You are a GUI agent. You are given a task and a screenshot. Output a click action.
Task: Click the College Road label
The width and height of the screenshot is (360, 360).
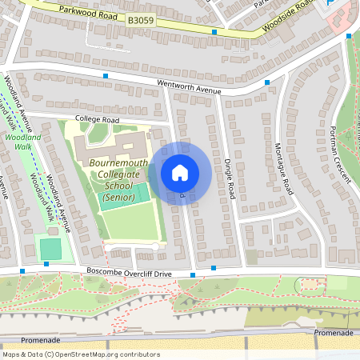tap(97, 119)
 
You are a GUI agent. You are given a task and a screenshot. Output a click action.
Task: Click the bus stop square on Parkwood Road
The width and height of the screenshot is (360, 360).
tap(214, 32)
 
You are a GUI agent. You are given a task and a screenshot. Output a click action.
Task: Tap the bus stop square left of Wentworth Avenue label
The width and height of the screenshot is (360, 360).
tap(106, 75)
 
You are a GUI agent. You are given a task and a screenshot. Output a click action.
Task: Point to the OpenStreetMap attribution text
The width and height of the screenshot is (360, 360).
tap(81, 354)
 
